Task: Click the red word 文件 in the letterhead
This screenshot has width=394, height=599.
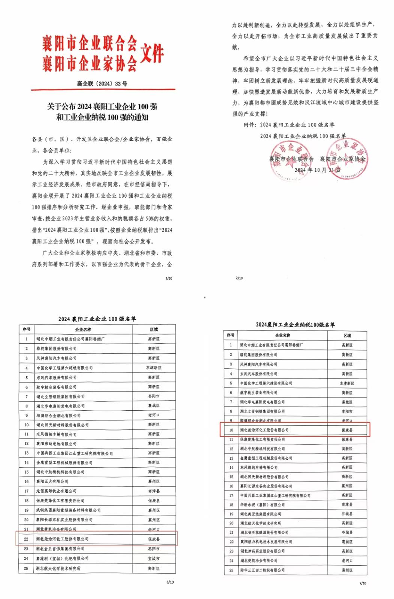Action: pyautogui.click(x=152, y=53)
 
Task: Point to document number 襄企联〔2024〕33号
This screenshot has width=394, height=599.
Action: pyautogui.click(x=102, y=83)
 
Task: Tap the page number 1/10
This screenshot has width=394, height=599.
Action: pyautogui.click(x=169, y=279)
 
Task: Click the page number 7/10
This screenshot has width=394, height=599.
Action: pyautogui.click(x=363, y=583)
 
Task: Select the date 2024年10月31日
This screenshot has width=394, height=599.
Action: pyautogui.click(x=317, y=170)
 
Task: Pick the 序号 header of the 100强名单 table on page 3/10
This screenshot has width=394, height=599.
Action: pyautogui.click(x=26, y=329)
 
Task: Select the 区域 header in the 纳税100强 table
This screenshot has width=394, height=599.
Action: pyautogui.click(x=347, y=335)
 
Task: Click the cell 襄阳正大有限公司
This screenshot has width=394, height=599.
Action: pyautogui.click(x=52, y=481)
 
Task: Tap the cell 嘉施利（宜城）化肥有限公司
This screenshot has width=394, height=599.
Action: pyautogui.click(x=63, y=558)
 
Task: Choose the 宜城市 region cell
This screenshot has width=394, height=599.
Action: pyautogui.click(x=154, y=558)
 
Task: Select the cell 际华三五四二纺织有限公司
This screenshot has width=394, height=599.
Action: pyautogui.click(x=262, y=570)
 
